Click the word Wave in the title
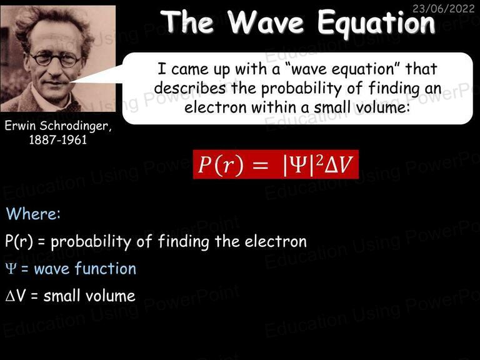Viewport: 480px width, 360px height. pos(266,22)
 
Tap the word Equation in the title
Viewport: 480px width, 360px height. pos(376,24)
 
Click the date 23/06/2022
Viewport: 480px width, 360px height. pos(443,8)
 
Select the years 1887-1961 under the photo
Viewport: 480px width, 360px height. pos(58,140)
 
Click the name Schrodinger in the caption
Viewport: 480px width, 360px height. pos(75,126)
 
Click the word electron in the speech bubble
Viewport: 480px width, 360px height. pos(216,107)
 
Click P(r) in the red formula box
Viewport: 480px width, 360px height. pos(221,165)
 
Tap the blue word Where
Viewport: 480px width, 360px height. pos(33,213)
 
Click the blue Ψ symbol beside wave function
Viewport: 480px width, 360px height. pos(11,269)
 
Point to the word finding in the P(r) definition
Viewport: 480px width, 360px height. pos(184,242)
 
